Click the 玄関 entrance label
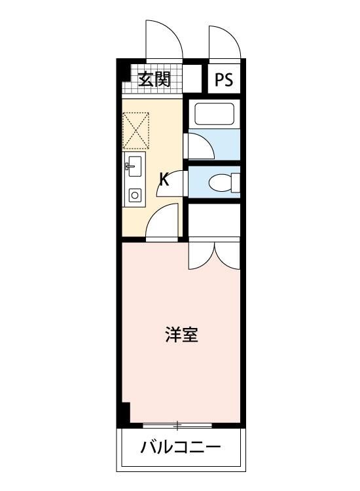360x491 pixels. [x=154, y=79]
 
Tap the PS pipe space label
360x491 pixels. [x=223, y=80]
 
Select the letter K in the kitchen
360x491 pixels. [x=165, y=179]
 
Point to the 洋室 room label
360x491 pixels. [x=181, y=336]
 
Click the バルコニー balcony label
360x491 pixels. [x=181, y=448]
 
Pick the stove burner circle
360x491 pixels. [x=135, y=195]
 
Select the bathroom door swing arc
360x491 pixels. [x=200, y=145]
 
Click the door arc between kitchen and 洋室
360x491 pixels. [x=162, y=223]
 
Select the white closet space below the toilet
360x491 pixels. [x=214, y=220]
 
